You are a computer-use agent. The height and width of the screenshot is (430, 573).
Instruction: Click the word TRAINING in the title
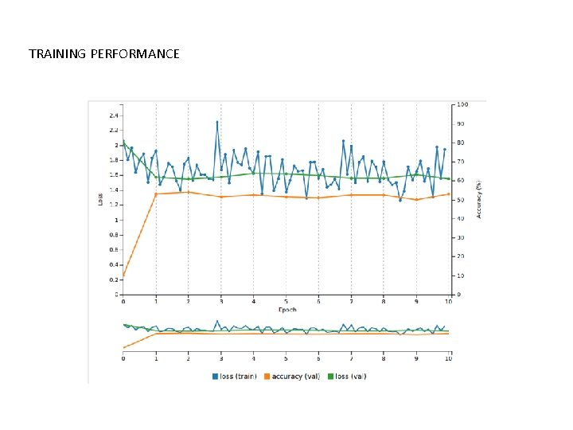(57, 54)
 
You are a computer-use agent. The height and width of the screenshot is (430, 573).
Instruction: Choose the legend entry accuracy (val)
(294, 376)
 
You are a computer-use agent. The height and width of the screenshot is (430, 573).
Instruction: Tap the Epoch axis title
(287, 309)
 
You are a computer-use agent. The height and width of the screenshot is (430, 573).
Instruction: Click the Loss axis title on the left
(100, 200)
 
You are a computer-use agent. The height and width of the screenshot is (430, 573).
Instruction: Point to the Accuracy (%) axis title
(479, 200)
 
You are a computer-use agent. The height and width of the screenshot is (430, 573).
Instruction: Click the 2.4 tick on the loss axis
(114, 115)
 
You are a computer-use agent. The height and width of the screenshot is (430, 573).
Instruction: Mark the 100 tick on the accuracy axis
(462, 105)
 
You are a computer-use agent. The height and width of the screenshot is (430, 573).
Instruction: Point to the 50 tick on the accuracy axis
(460, 200)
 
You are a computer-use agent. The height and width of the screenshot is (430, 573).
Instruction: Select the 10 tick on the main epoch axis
(449, 301)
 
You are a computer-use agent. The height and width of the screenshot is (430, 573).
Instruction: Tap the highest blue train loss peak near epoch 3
(216, 123)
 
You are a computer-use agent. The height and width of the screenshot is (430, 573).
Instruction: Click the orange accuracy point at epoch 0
(123, 276)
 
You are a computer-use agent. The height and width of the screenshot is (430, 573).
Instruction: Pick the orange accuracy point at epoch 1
(156, 194)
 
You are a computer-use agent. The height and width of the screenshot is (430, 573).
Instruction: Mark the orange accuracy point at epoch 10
(449, 194)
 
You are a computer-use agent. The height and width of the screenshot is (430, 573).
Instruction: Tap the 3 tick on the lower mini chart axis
(221, 359)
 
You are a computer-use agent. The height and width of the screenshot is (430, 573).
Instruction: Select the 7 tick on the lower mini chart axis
(351, 359)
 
